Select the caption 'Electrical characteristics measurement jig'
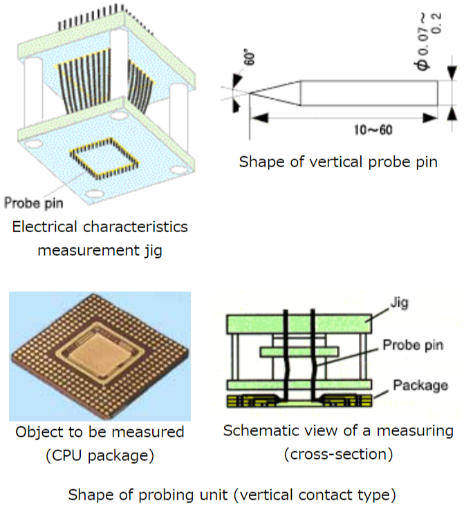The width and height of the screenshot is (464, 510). [x=100, y=238]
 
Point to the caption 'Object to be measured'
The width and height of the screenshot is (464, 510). [x=100, y=433]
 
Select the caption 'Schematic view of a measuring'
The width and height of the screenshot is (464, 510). [x=338, y=431]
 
